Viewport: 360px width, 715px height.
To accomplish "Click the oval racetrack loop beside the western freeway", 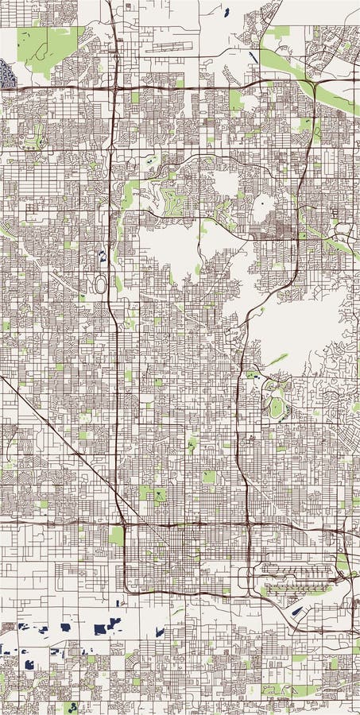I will (x=100, y=284).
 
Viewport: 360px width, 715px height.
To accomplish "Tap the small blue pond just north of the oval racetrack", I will (x=101, y=257).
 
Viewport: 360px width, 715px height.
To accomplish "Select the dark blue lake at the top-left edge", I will (x=8, y=74).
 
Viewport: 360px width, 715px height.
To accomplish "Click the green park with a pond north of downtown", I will (x=157, y=496).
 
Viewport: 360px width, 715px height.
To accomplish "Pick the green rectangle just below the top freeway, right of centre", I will (x=236, y=99).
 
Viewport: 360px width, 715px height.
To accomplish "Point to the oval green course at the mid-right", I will (x=275, y=408).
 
